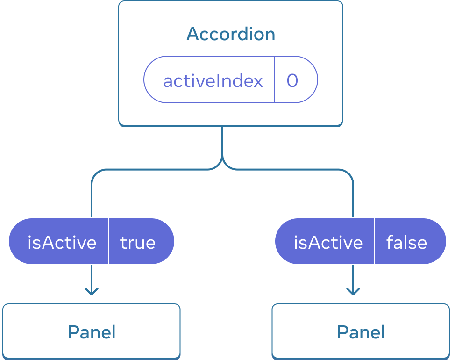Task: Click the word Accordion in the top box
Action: tap(231, 34)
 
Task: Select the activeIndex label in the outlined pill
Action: tap(213, 81)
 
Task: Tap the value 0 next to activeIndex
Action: tap(292, 80)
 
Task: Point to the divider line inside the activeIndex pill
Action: tap(275, 79)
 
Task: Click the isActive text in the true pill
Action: tap(62, 242)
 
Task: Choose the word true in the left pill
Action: tap(138, 242)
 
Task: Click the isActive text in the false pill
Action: tap(328, 242)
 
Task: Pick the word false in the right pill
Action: tap(406, 242)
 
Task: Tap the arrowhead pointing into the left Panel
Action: tap(92, 292)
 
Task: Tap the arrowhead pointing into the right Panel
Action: tap(353, 292)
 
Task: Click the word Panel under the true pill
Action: tap(92, 332)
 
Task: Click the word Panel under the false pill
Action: tap(361, 332)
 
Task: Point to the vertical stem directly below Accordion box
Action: tap(222, 140)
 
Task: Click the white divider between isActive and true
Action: tap(108, 241)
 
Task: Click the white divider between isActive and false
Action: tap(375, 241)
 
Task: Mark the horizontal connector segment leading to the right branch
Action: tap(290, 169)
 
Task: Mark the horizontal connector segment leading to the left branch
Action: tap(154, 169)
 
